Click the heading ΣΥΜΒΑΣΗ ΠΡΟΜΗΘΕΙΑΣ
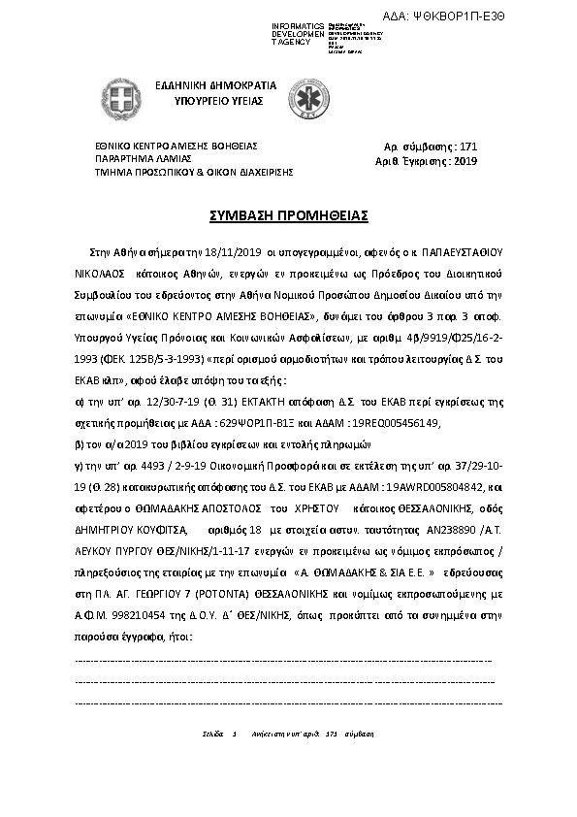click(288, 213)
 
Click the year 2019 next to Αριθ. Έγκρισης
click(465, 161)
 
